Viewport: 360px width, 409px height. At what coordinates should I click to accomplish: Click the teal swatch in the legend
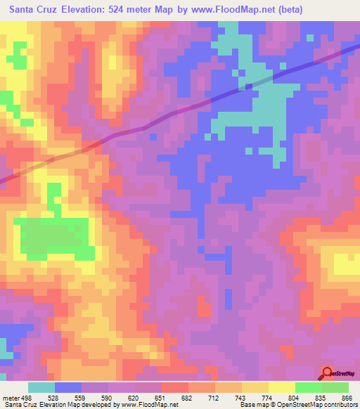point(41,387)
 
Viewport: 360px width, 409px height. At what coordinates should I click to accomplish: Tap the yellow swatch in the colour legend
point(281,387)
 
